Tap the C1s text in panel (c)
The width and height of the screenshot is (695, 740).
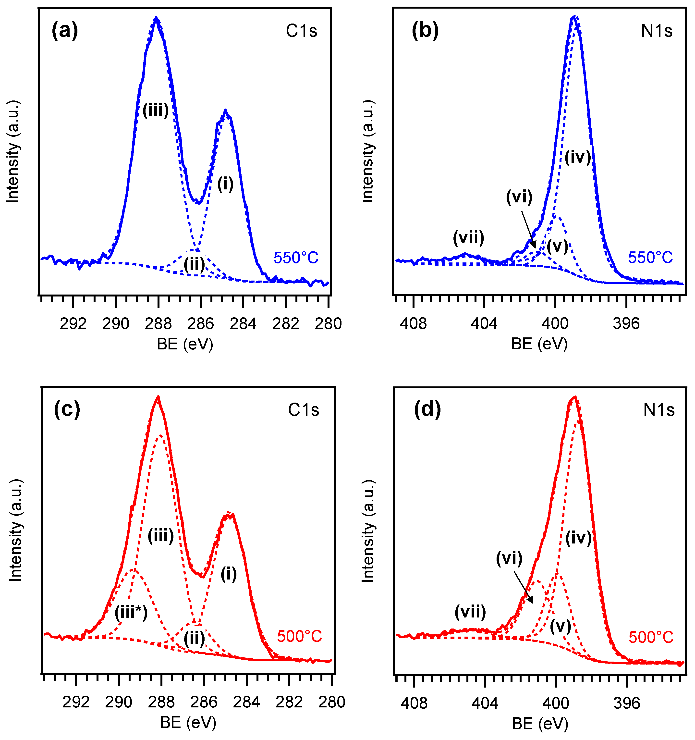click(303, 410)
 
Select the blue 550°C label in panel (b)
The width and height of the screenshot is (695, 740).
click(650, 258)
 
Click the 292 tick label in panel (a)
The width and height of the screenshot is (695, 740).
click(73, 323)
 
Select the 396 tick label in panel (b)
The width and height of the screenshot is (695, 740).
click(626, 323)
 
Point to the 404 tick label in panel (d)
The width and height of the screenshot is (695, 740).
click(484, 703)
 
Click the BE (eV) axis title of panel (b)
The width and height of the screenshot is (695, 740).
click(539, 344)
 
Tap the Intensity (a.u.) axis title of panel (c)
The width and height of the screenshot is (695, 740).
click(16, 530)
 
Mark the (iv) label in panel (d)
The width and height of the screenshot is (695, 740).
click(578, 538)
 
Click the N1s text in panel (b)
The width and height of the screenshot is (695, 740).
click(657, 31)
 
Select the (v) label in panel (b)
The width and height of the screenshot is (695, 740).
click(557, 247)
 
